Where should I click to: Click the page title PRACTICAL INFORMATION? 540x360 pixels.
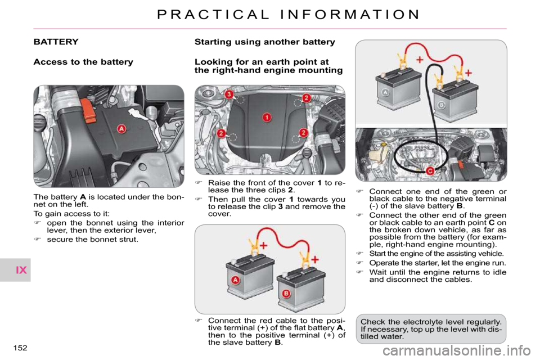(x=288, y=15)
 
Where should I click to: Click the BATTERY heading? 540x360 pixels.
(x=56, y=42)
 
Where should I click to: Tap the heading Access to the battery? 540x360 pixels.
(x=83, y=62)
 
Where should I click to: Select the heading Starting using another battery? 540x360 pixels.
(x=265, y=42)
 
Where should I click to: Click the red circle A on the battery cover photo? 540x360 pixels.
(x=121, y=129)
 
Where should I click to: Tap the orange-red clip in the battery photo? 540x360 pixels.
(x=88, y=110)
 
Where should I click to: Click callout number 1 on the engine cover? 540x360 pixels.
(x=267, y=117)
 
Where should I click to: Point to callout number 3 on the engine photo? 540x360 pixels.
(x=229, y=94)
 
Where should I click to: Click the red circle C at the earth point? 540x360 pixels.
(x=429, y=170)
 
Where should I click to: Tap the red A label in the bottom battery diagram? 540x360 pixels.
(x=235, y=280)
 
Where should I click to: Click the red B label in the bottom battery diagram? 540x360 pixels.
(x=286, y=294)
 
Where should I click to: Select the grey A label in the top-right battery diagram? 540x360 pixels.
(x=385, y=92)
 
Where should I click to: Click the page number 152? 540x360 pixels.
(x=20, y=348)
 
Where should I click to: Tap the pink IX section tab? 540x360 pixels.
(x=21, y=270)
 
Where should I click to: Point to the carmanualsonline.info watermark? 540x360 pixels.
(x=457, y=351)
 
